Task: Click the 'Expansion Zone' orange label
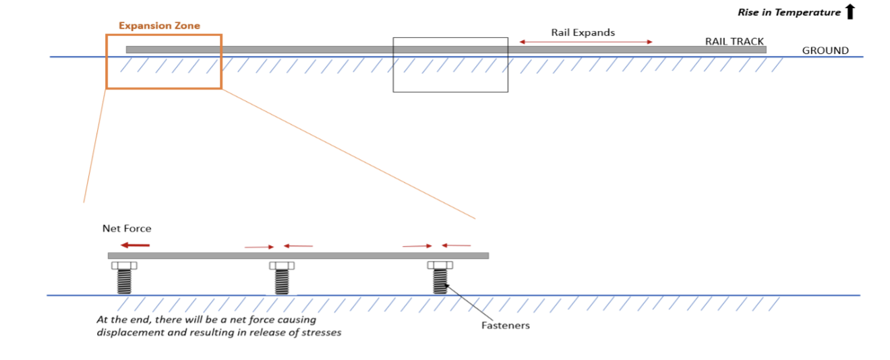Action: [159, 26]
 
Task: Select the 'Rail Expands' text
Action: [583, 32]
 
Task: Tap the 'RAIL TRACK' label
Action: [734, 41]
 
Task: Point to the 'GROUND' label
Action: [825, 51]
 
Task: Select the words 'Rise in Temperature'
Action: [789, 12]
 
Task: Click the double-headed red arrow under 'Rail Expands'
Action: [585, 42]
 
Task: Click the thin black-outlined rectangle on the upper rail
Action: [450, 91]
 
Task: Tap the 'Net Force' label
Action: [127, 229]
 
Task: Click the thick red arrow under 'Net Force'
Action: [135, 245]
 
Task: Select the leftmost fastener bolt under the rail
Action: [124, 278]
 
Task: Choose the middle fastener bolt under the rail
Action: [282, 278]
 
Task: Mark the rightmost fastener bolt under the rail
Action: [440, 278]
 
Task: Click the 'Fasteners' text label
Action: [505, 326]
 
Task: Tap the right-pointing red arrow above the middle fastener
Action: [260, 247]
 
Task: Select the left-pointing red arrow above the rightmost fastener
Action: [456, 245]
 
